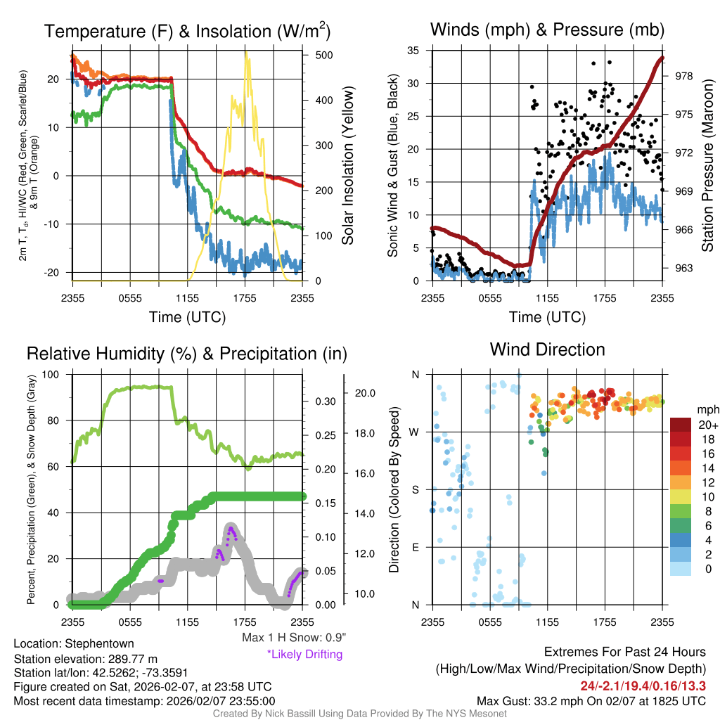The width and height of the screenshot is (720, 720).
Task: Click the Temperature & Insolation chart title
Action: [187, 32]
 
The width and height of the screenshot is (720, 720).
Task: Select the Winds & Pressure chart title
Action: [547, 30]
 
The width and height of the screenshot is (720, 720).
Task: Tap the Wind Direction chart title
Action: [547, 349]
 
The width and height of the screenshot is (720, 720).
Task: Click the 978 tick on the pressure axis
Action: [683, 76]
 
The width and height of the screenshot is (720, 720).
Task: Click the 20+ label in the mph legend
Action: [707, 424]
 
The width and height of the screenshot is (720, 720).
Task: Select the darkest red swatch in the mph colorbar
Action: [681, 424]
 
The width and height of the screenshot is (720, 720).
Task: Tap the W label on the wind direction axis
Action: [415, 432]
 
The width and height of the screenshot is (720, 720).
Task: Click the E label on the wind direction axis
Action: [416, 547]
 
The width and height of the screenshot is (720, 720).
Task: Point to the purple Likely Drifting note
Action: [304, 654]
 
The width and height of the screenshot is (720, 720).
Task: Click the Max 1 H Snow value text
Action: [293, 638]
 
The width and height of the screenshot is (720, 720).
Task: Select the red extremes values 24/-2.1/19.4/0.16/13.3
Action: [643, 686]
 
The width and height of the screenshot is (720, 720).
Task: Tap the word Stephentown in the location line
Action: [98, 643]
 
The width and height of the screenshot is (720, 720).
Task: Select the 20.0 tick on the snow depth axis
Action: [368, 393]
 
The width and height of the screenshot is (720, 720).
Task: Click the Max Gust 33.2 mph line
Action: [591, 700]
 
